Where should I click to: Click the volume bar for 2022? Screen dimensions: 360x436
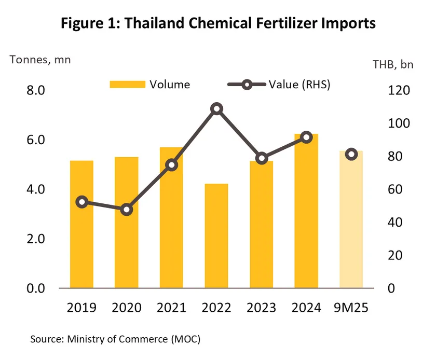click(216, 236)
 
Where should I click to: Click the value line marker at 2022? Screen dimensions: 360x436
click(217, 109)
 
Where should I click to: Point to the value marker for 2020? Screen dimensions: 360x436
click(127, 210)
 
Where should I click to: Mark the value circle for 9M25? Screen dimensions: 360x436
click(351, 154)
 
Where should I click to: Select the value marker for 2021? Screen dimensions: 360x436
click(172, 165)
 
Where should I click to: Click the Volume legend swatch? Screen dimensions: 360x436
click(127, 85)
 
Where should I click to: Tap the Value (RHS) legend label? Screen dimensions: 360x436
click(299, 85)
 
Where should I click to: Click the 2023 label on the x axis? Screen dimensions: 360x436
click(261, 307)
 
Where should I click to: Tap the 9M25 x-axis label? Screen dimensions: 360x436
click(351, 307)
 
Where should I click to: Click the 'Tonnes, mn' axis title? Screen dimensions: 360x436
click(40, 59)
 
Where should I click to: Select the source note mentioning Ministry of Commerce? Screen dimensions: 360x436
click(115, 340)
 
